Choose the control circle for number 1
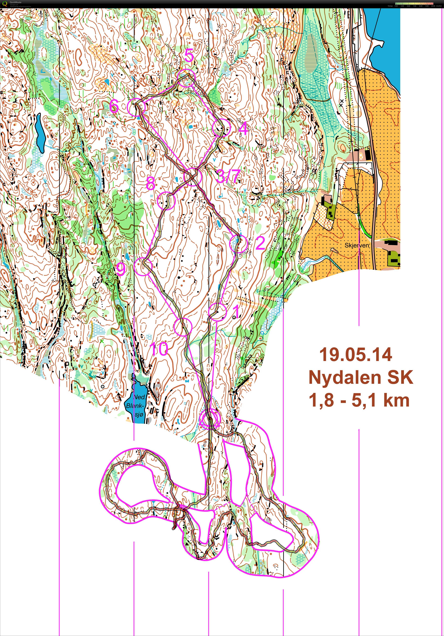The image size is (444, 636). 217,312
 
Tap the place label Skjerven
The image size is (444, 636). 357,245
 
